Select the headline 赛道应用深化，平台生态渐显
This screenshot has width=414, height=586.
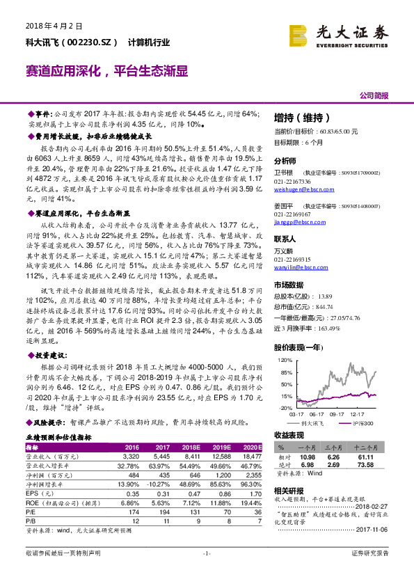[106, 71]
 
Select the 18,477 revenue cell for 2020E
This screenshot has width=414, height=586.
[250, 456]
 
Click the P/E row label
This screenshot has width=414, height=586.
[31, 509]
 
